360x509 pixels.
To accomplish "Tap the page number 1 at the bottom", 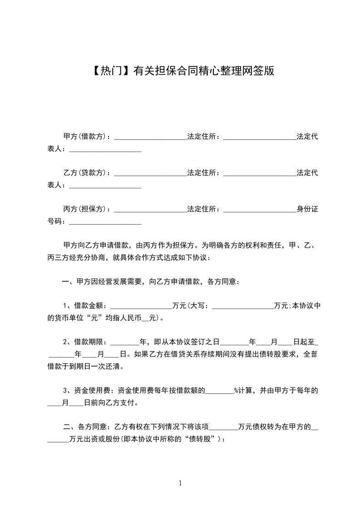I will [180, 483].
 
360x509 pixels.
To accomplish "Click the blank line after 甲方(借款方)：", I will [150, 137].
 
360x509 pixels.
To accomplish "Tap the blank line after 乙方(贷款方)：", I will [150, 174].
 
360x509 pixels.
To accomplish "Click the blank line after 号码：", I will [105, 222].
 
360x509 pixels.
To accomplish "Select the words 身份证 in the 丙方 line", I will [307, 209].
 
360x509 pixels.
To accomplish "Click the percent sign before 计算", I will [236, 390].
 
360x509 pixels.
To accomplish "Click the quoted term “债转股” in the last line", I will [205, 439].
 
